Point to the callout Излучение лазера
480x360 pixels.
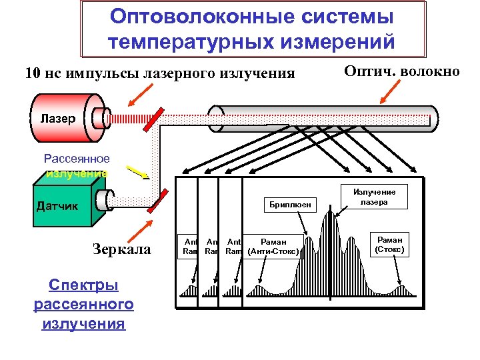pos(374,197)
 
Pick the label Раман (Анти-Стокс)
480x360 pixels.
pos(274,246)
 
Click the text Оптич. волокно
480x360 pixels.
pos(401,71)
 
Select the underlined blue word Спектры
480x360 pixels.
pos(83,285)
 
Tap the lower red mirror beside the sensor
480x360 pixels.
pos(157,200)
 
